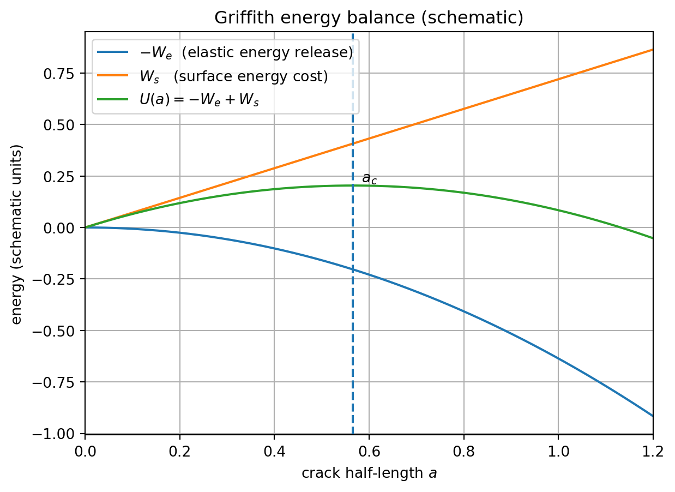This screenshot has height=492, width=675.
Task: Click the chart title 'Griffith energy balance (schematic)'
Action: pyautogui.click(x=369, y=17)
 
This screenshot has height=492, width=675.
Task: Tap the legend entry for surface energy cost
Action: pyautogui.click(x=233, y=77)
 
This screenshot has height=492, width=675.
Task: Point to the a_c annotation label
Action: pyautogui.click(x=369, y=178)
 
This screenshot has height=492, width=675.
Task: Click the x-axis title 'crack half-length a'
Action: pyautogui.click(x=369, y=473)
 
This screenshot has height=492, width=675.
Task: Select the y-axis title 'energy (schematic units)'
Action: pyautogui.click(x=17, y=234)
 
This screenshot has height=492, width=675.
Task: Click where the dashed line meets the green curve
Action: pyautogui.click(x=353, y=185)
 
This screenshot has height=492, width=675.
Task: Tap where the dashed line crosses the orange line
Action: pyautogui.click(x=353, y=144)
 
